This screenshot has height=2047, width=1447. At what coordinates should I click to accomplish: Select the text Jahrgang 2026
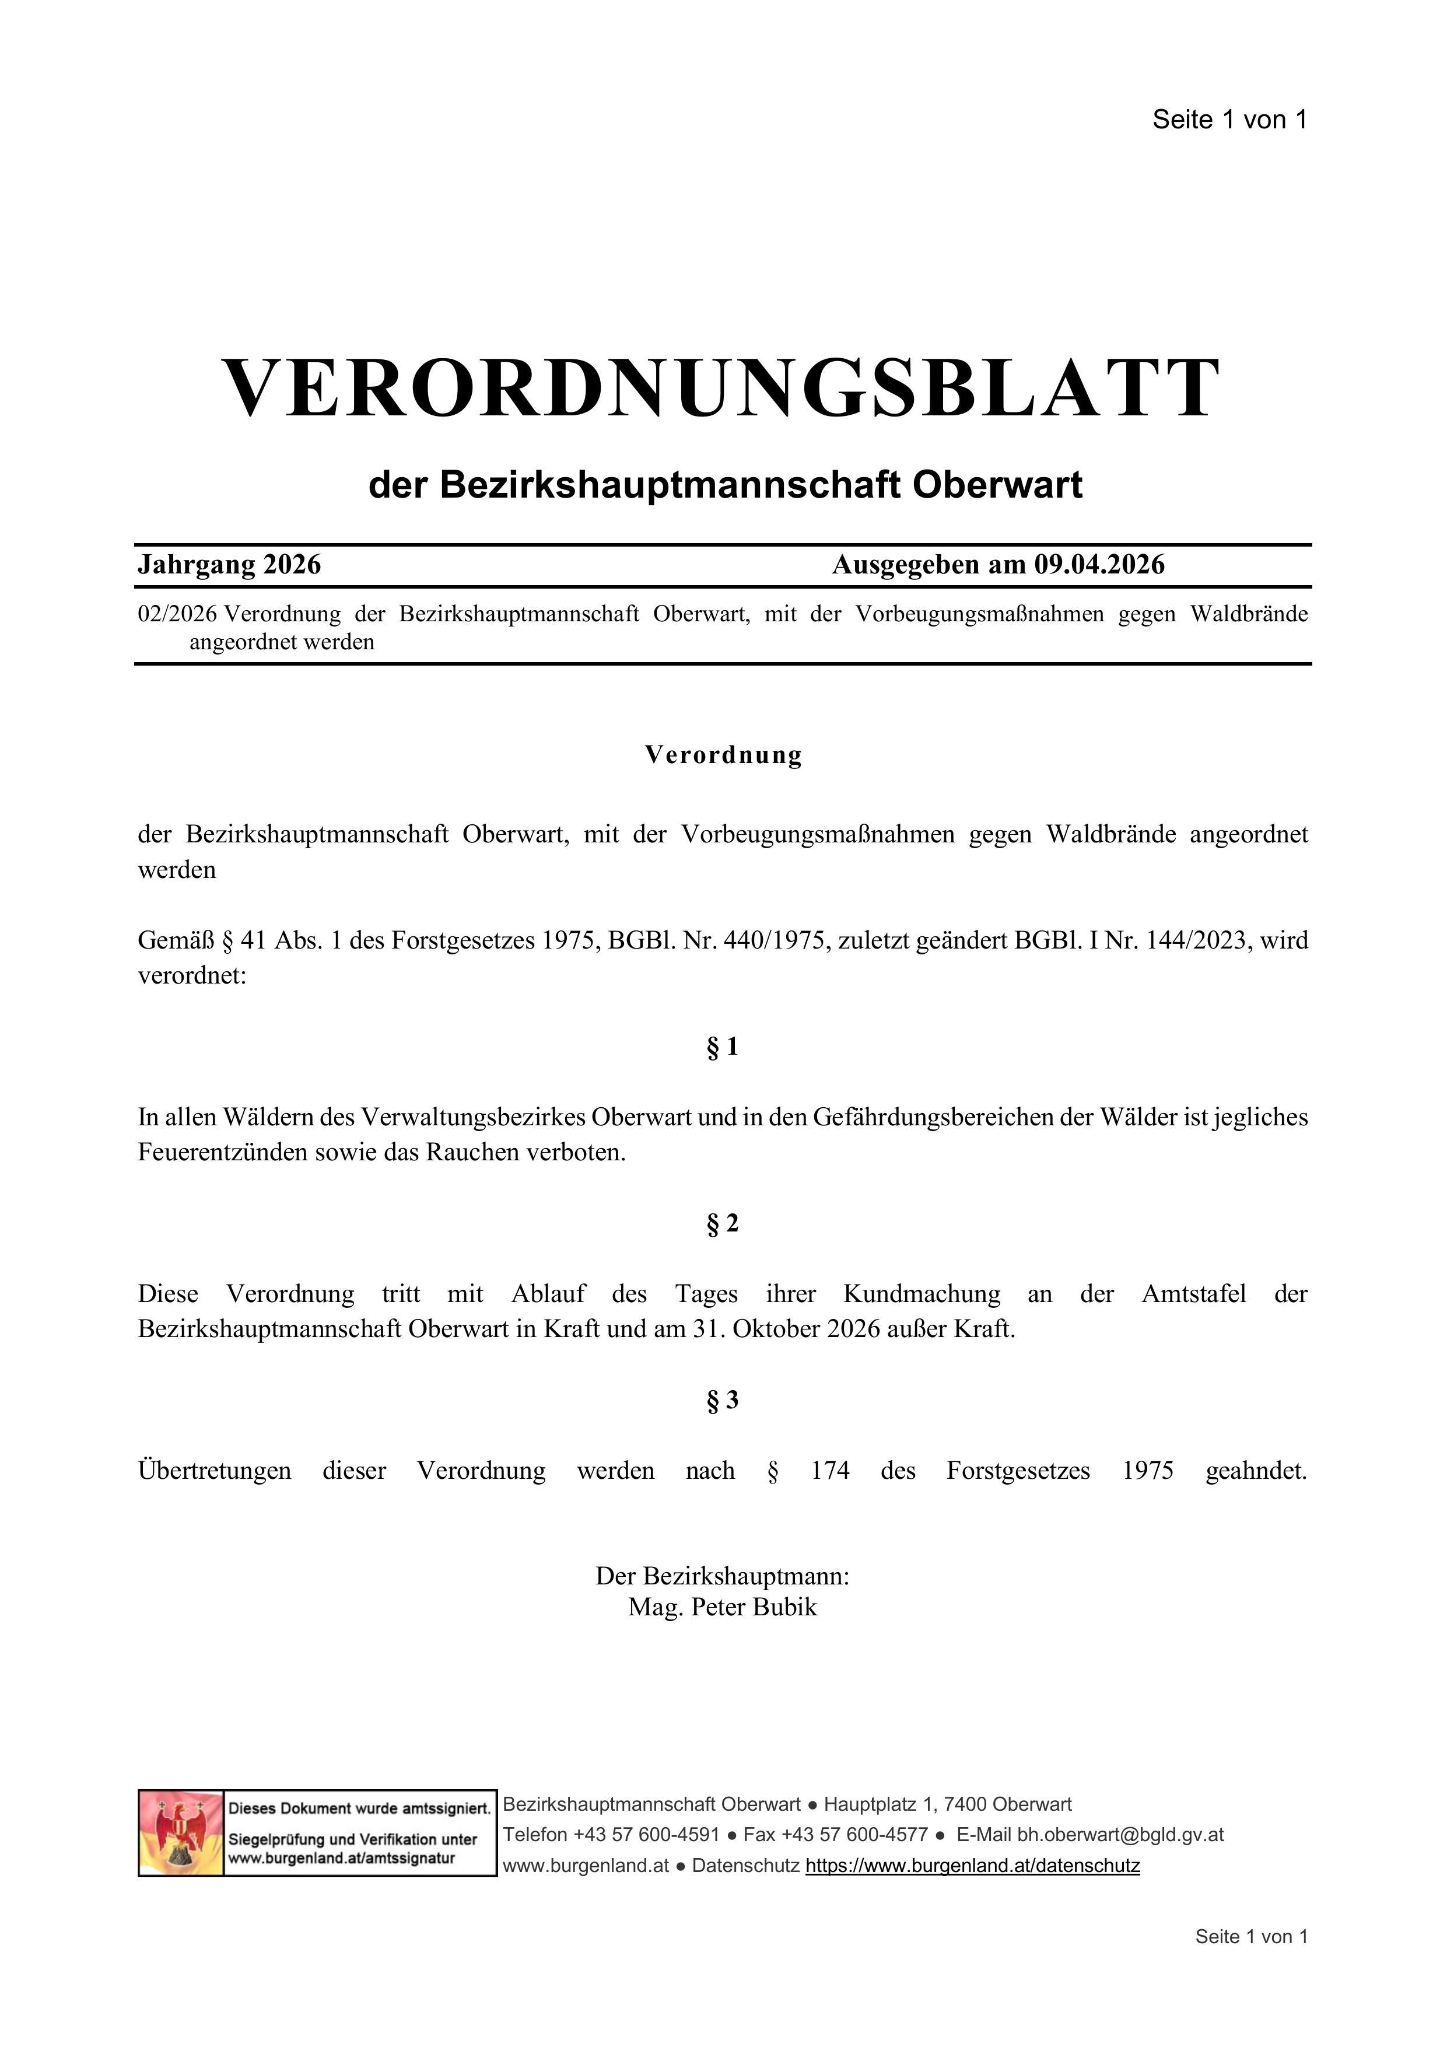click(229, 564)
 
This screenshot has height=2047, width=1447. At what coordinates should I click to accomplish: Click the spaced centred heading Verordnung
click(723, 755)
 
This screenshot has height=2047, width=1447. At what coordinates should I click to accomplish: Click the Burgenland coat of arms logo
click(181, 1833)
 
